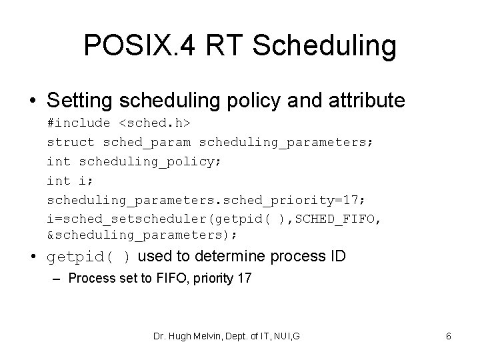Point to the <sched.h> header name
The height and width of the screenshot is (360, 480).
(155, 123)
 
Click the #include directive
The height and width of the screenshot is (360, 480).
(79, 123)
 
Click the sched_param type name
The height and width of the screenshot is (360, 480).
(147, 142)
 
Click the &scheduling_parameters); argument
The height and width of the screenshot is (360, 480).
(142, 236)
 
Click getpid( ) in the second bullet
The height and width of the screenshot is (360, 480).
(88, 257)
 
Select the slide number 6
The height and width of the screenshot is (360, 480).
(449, 337)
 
